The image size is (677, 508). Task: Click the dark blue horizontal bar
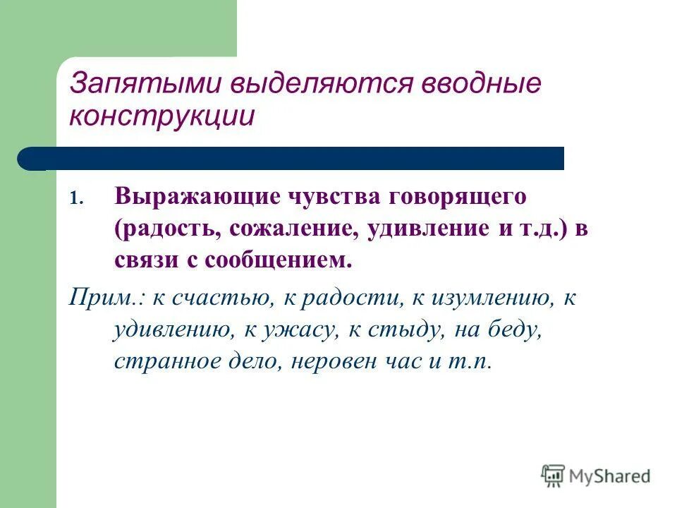click(x=296, y=159)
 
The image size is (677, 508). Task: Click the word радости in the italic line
click(x=353, y=298)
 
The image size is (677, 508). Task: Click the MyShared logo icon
click(x=554, y=476)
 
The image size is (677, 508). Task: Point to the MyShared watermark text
click(x=610, y=476)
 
